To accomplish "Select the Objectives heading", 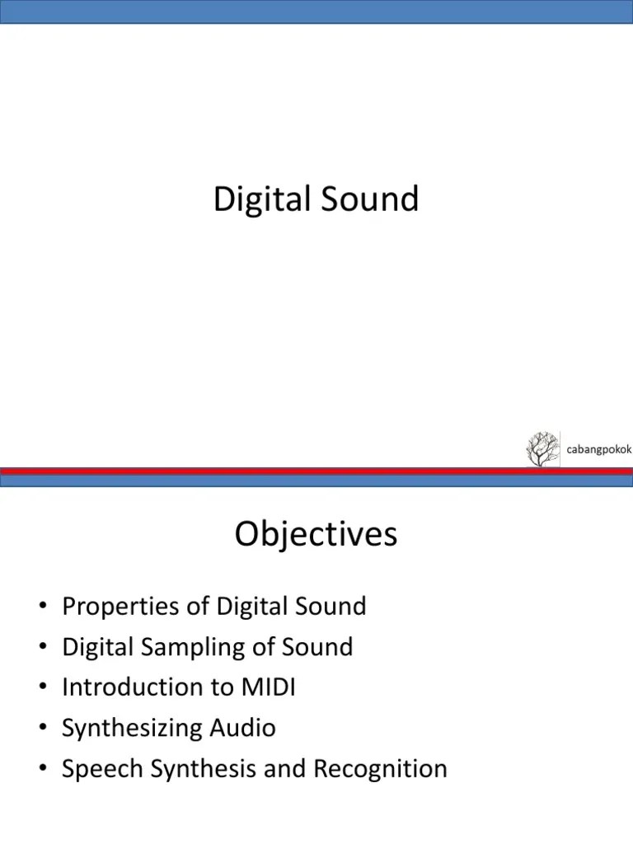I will (316, 535).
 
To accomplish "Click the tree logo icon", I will (542, 448).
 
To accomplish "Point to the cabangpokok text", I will (598, 449).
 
